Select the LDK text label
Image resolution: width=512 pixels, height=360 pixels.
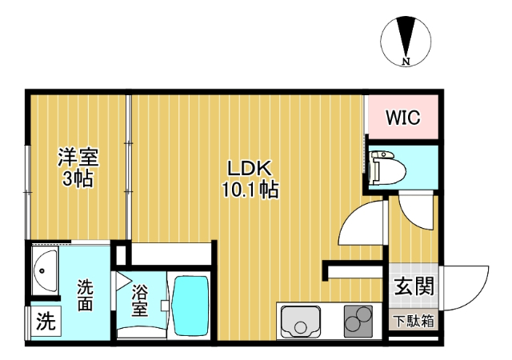(x=250, y=170)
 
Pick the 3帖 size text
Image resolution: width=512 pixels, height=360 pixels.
(x=78, y=178)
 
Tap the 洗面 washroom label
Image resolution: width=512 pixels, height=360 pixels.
(x=86, y=294)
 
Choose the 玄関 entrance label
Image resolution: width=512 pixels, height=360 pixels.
(x=414, y=286)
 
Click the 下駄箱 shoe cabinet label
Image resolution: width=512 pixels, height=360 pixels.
(x=414, y=322)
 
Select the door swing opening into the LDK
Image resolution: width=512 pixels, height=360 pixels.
(x=358, y=224)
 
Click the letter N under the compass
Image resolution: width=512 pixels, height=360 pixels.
(x=406, y=62)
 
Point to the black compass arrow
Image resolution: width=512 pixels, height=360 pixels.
(x=406, y=37)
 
